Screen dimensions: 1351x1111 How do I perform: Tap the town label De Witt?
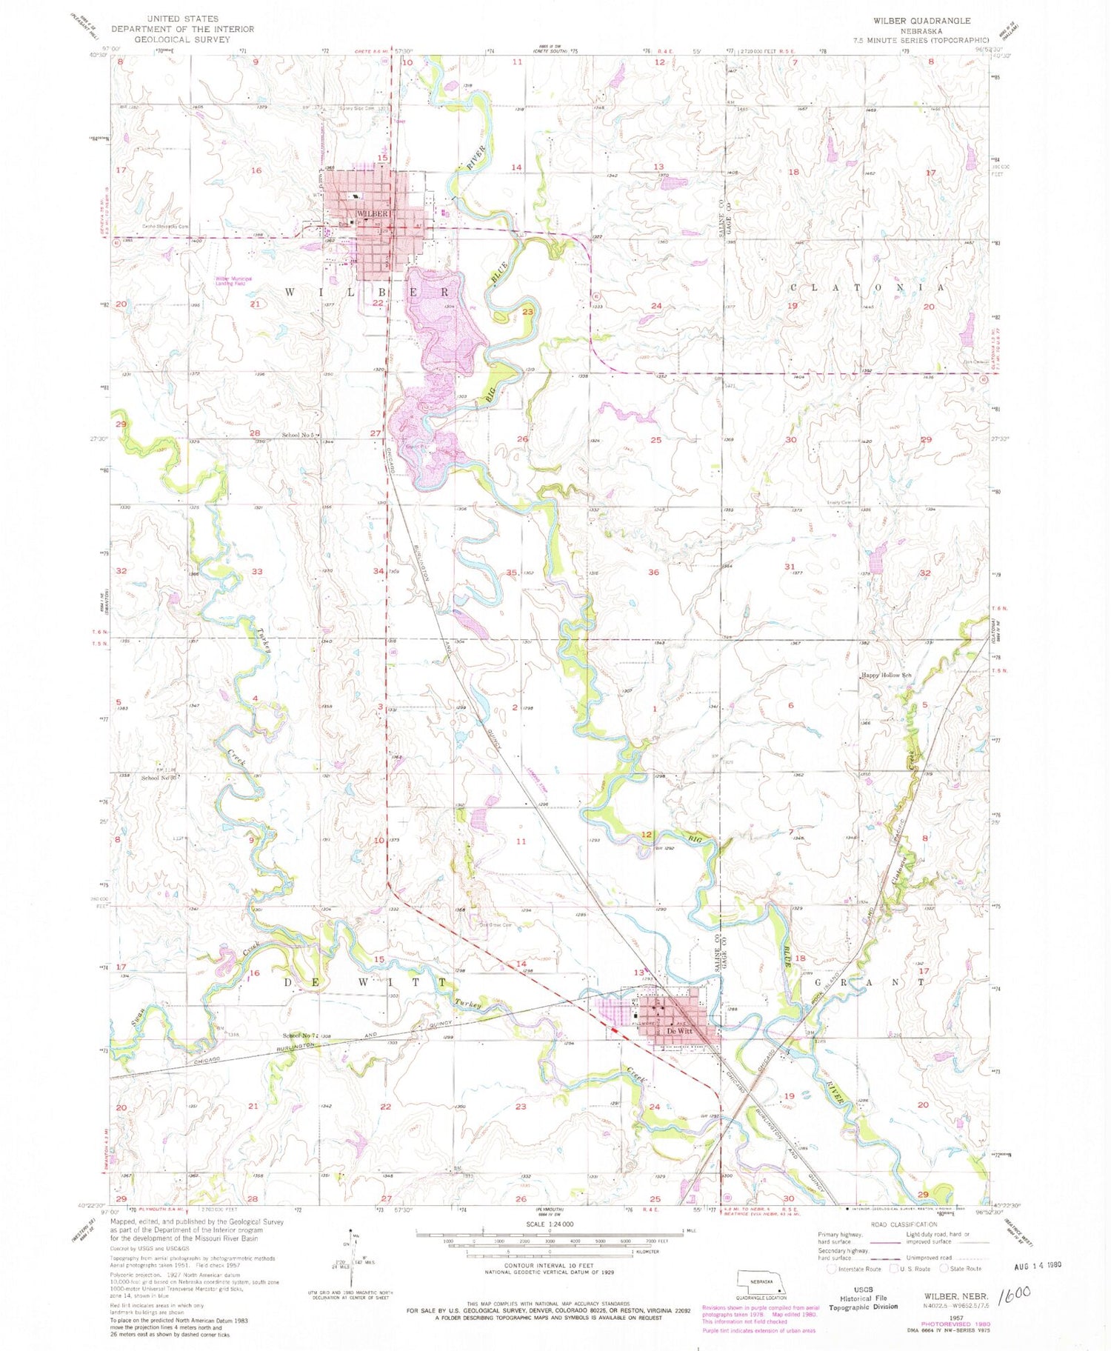(x=679, y=1031)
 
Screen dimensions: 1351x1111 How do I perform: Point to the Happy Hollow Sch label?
(x=886, y=675)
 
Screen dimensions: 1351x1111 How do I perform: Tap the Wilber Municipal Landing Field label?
(x=234, y=281)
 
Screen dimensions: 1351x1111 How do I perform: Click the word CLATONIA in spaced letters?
(x=867, y=287)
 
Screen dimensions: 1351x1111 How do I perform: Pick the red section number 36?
(x=653, y=573)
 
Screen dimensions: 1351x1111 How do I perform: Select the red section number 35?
(x=512, y=573)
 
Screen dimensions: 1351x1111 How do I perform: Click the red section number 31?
(x=790, y=567)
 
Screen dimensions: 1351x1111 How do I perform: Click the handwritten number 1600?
(x=1014, y=1295)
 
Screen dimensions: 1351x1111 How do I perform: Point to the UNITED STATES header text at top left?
(x=182, y=19)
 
